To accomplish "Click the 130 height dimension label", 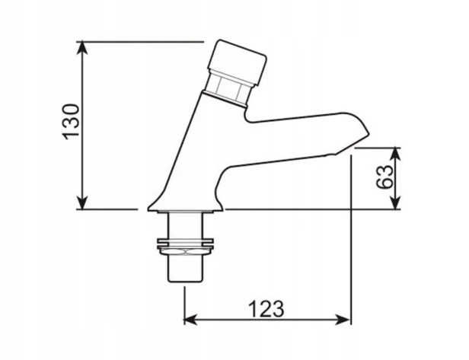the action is click(x=72, y=122).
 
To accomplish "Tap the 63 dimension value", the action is click(x=384, y=177).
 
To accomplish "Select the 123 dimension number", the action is click(x=266, y=309).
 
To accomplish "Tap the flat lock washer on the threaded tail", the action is click(x=185, y=240).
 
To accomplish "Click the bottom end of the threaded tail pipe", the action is click(x=185, y=281).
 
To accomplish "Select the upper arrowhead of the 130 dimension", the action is click(x=82, y=47).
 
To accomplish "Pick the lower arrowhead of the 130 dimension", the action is click(x=82, y=203).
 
